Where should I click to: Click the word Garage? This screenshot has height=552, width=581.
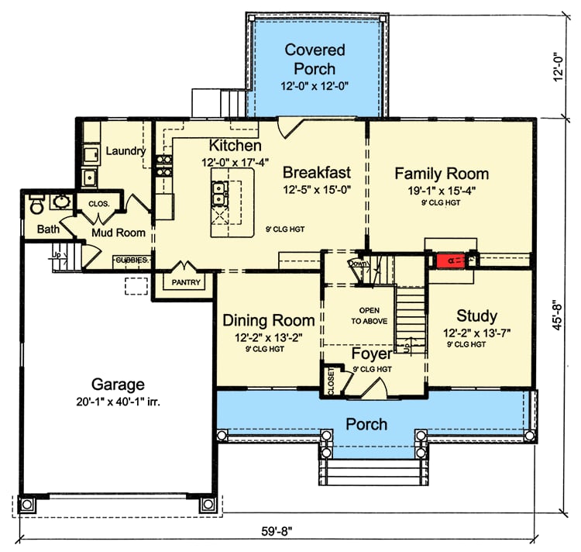coord(119,384)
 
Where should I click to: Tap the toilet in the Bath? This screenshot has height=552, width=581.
coord(36,205)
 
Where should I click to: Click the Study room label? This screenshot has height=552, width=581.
coord(476,316)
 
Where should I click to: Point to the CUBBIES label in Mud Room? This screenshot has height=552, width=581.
coord(132,260)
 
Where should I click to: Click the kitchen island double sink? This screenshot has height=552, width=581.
coord(220,188)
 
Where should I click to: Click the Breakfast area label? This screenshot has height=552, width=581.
coord(317,171)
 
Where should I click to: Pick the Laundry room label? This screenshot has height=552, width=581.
coord(125,150)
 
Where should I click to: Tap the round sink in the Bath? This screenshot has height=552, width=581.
coord(60,203)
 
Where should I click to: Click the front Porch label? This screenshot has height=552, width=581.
coord(366,424)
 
